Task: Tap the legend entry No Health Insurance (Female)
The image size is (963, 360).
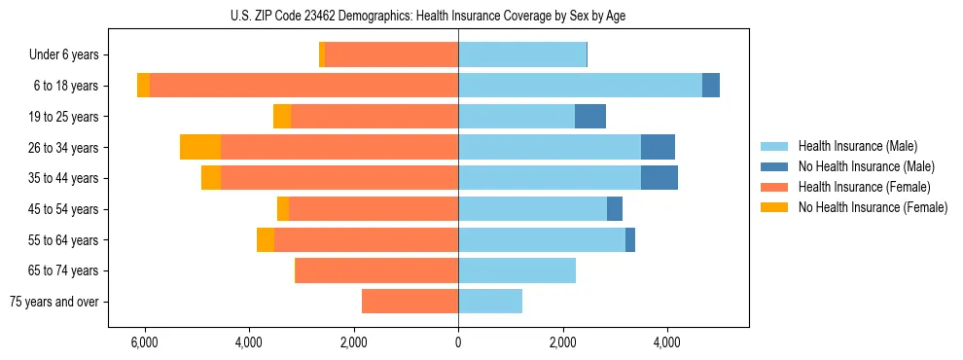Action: (x=873, y=207)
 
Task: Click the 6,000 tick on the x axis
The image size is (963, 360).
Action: (x=144, y=343)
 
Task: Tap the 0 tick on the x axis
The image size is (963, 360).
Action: (x=458, y=343)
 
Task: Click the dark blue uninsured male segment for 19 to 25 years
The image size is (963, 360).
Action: (x=590, y=117)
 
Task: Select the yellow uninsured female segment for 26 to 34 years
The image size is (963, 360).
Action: (x=200, y=147)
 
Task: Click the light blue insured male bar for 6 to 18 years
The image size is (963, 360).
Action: (x=580, y=86)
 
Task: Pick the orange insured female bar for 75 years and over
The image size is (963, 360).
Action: (x=410, y=302)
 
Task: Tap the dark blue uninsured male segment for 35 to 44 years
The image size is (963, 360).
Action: (x=660, y=178)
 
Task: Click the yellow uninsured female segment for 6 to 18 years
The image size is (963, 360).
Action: (x=144, y=86)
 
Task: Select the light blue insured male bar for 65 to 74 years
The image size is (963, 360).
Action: (x=517, y=270)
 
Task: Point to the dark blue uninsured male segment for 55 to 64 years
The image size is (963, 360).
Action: (x=630, y=239)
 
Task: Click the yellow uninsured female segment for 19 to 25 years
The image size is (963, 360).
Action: (x=282, y=117)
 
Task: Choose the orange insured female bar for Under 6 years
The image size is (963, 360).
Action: (x=391, y=54)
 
